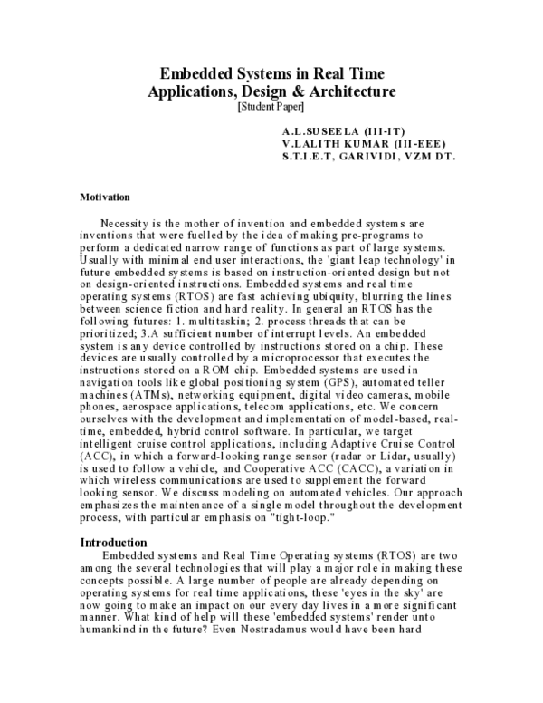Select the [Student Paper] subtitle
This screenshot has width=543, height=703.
(271, 106)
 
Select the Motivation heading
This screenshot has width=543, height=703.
(105, 197)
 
